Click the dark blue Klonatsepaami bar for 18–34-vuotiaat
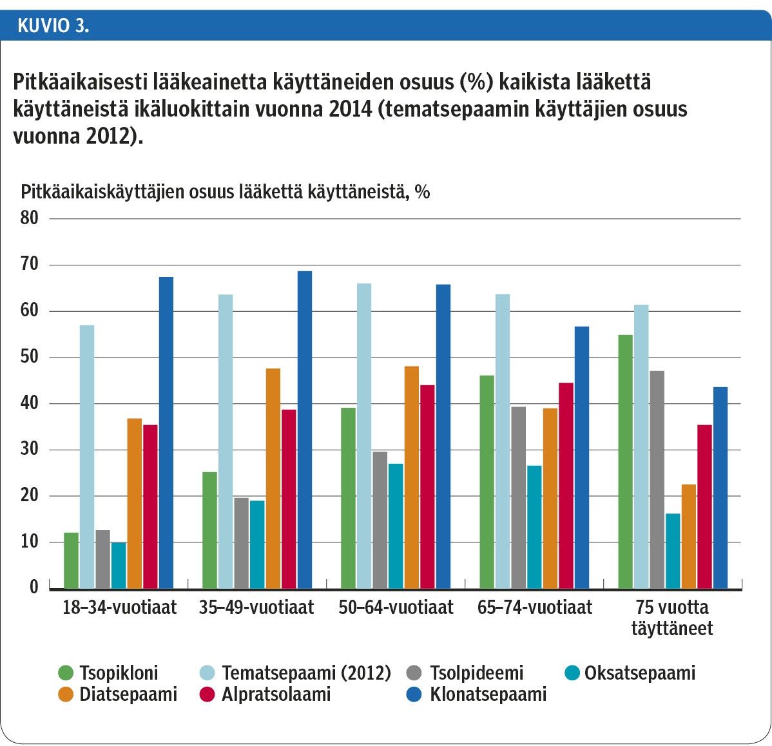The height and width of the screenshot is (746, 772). pyautogui.click(x=166, y=432)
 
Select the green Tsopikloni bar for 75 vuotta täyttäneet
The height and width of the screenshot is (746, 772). pyautogui.click(x=625, y=461)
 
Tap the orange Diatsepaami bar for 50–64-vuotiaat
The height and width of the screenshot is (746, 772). pyautogui.click(x=411, y=477)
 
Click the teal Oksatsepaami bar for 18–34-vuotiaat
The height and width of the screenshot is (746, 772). pyautogui.click(x=119, y=565)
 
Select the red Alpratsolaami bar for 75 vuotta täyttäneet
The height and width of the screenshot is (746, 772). pyautogui.click(x=705, y=506)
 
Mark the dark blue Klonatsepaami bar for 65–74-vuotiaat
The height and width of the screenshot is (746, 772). pyautogui.click(x=581, y=457)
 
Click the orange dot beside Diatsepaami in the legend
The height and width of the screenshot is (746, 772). pyautogui.click(x=66, y=694)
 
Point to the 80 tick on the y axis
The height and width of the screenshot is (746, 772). pyautogui.click(x=30, y=218)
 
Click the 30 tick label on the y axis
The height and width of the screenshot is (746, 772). pyautogui.click(x=30, y=450)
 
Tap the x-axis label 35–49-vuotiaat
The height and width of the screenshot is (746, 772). pyautogui.click(x=256, y=607)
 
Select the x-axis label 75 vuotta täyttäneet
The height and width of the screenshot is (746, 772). pyautogui.click(x=671, y=618)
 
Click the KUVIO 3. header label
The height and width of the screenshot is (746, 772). pyautogui.click(x=53, y=26)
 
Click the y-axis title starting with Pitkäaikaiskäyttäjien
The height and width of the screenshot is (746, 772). pyautogui.click(x=226, y=192)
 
